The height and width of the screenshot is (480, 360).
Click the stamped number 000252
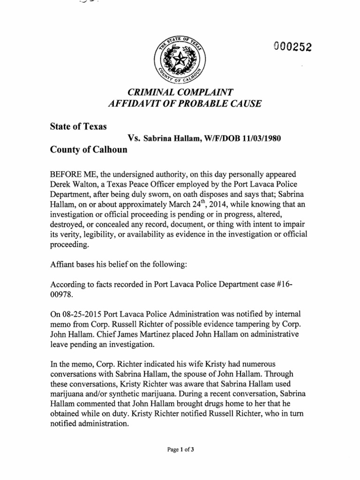coord(292,47)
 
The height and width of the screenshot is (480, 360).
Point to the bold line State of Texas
coord(78,126)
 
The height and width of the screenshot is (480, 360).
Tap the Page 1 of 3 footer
coord(180,450)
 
